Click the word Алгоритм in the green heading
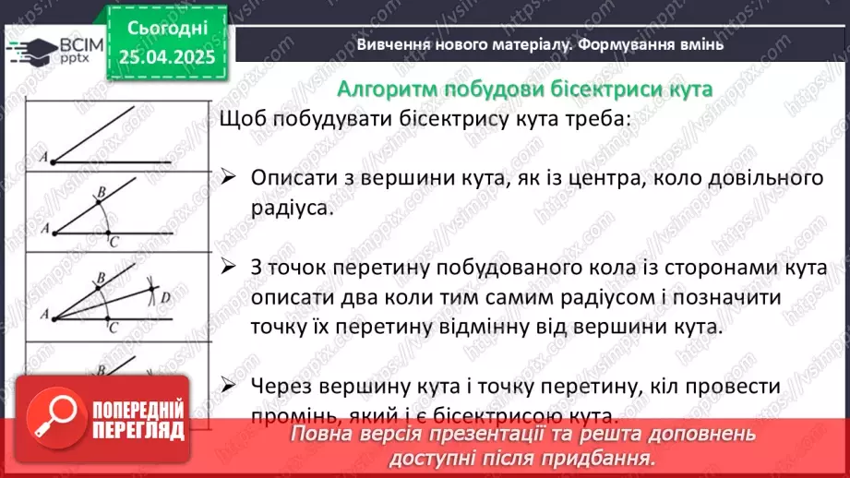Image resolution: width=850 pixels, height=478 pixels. [380, 89]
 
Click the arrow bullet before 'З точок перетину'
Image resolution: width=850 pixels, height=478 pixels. [230, 267]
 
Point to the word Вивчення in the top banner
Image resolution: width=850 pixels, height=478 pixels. [389, 43]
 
